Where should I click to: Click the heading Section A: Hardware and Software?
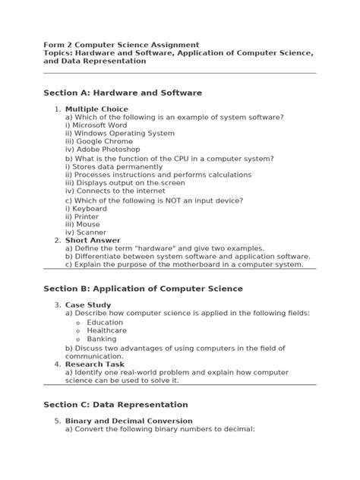click(123, 93)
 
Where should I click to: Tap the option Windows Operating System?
click(120, 134)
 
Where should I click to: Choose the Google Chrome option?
click(99, 142)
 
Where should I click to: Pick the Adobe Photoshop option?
click(103, 150)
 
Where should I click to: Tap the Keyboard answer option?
click(86, 208)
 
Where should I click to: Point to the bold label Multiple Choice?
click(96, 109)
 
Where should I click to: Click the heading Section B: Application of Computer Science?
click(144, 289)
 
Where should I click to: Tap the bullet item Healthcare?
click(106, 330)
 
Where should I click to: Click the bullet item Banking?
click(102, 339)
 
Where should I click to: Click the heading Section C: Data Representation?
click(116, 405)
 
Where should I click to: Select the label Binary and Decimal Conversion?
click(128, 421)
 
